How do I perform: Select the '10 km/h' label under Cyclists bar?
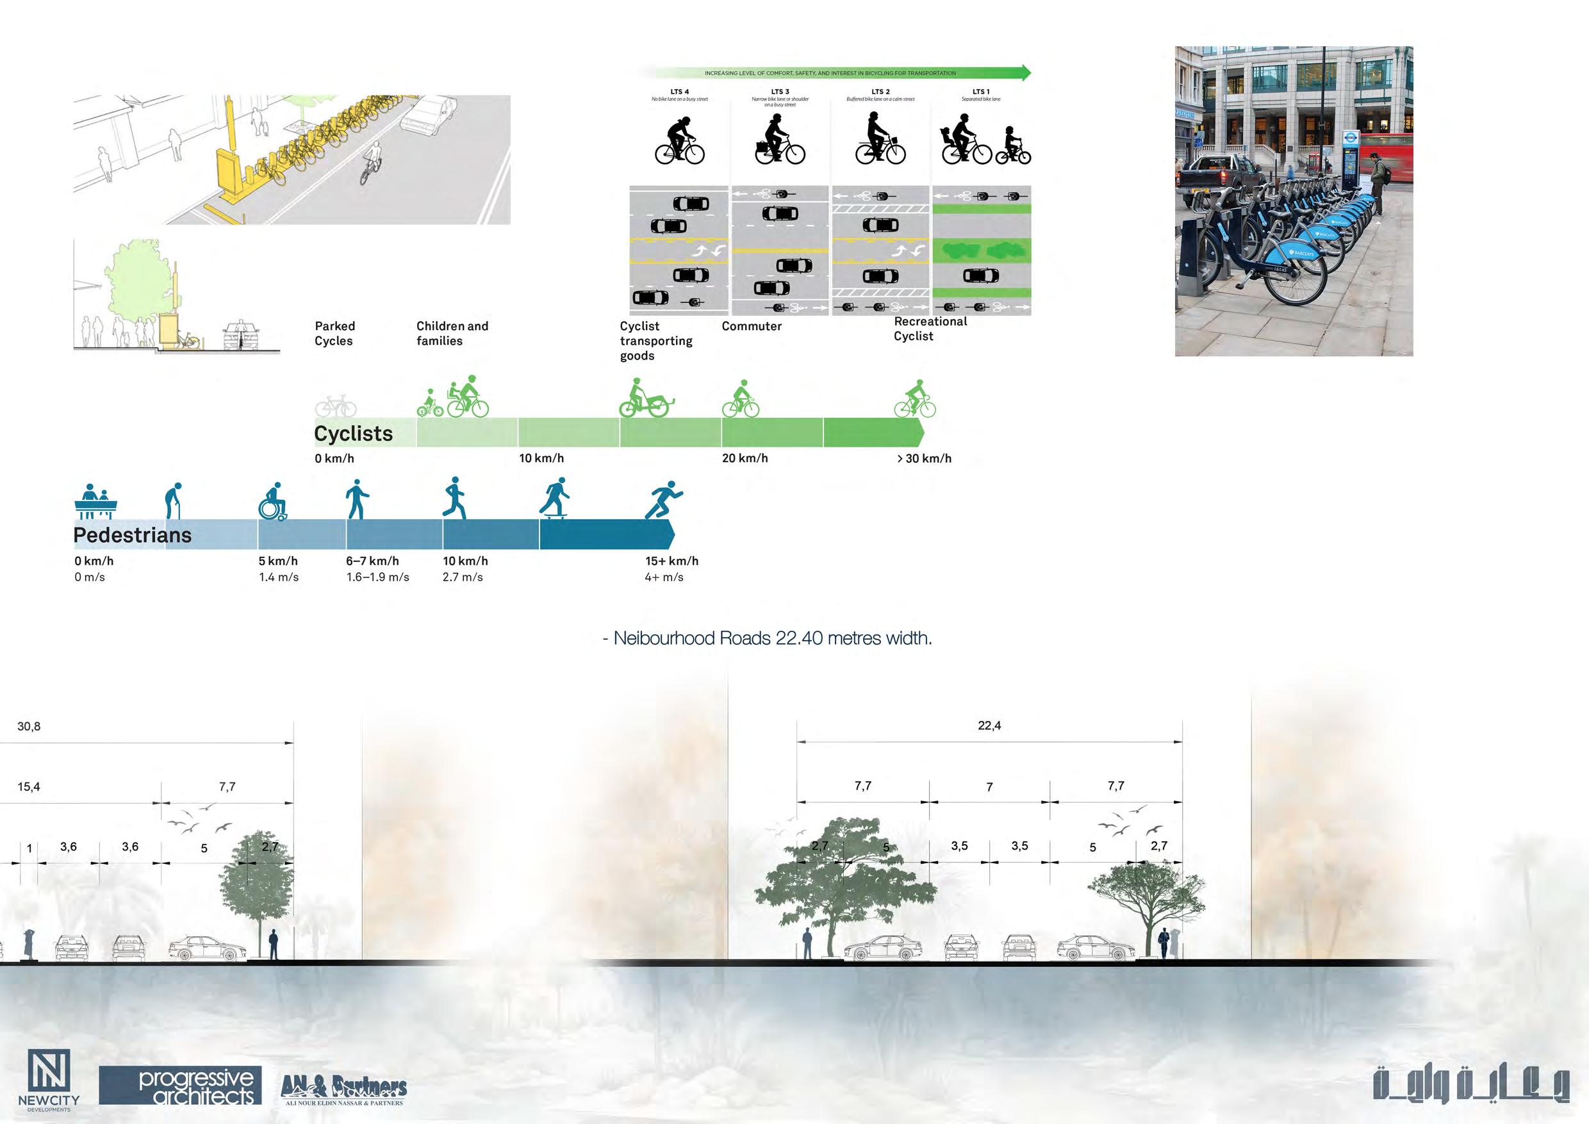(541, 458)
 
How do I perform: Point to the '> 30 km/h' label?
(924, 458)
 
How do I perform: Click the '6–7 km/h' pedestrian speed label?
(372, 561)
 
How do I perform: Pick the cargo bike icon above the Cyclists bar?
(645, 399)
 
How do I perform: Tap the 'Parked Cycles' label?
(334, 333)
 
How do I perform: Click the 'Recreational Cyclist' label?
(930, 329)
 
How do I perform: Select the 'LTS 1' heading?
(981, 92)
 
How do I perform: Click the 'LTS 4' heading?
(680, 92)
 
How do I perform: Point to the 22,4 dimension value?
(989, 726)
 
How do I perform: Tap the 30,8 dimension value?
(29, 727)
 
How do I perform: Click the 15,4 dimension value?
(29, 787)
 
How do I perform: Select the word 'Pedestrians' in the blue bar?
(132, 535)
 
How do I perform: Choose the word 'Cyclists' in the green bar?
(353, 434)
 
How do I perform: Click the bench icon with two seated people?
(95, 501)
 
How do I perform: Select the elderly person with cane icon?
(173, 500)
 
